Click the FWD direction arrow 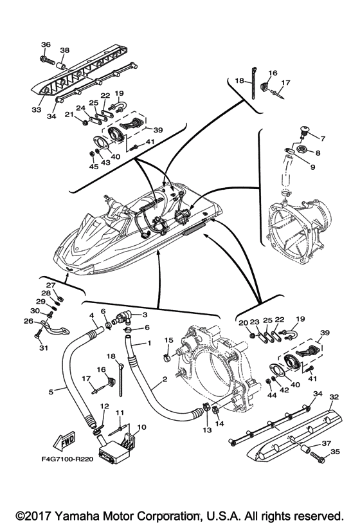click(x=64, y=441)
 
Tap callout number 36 click(x=46, y=44)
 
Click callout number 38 click(x=64, y=50)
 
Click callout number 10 click(x=142, y=427)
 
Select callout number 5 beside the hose click(x=51, y=391)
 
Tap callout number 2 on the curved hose click(x=165, y=379)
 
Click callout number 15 click(x=168, y=340)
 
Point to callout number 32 click(x=334, y=397)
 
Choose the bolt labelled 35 click(x=318, y=456)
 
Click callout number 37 click(x=326, y=443)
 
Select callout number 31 click(x=44, y=348)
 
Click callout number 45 click(x=94, y=167)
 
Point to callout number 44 click(x=272, y=395)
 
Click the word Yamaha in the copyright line click(x=77, y=515)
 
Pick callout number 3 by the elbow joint click(x=145, y=315)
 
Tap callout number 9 click(x=312, y=167)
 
